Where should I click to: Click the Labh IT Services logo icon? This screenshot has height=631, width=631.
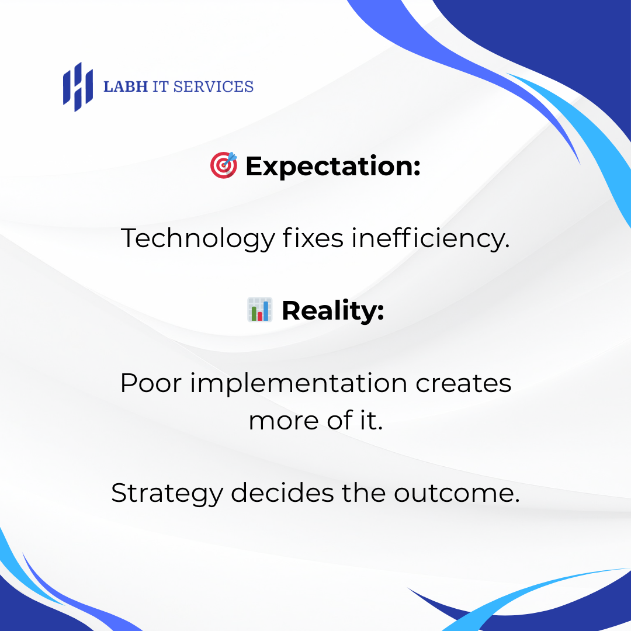[x=78, y=87]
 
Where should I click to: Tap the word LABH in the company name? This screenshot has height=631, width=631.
[x=126, y=86]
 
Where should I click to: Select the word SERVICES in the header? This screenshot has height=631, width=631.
[x=213, y=86]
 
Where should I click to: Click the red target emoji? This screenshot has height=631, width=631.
[x=223, y=165]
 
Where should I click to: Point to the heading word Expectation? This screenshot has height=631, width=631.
[x=333, y=166]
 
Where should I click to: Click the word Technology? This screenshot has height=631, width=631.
[x=198, y=238]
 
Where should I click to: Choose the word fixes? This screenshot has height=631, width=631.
[x=313, y=238]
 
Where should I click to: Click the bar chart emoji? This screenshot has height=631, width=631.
[x=259, y=310]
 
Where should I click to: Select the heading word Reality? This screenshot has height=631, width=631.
[x=333, y=311]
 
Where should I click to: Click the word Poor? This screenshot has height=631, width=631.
[x=151, y=383]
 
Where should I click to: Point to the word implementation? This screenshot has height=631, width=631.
[x=299, y=383]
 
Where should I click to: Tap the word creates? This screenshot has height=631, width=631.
[x=463, y=383]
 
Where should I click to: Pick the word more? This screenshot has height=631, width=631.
[x=284, y=421]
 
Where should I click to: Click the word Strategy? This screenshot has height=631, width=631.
[x=167, y=494]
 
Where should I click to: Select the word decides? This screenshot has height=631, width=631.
[x=282, y=493]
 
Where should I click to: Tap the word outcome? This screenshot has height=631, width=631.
[x=457, y=493]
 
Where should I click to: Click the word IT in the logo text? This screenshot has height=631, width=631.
[x=161, y=86]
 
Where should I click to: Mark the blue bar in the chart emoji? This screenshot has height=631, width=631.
[x=266, y=310]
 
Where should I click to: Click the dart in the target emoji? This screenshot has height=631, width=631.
[x=230, y=158]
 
